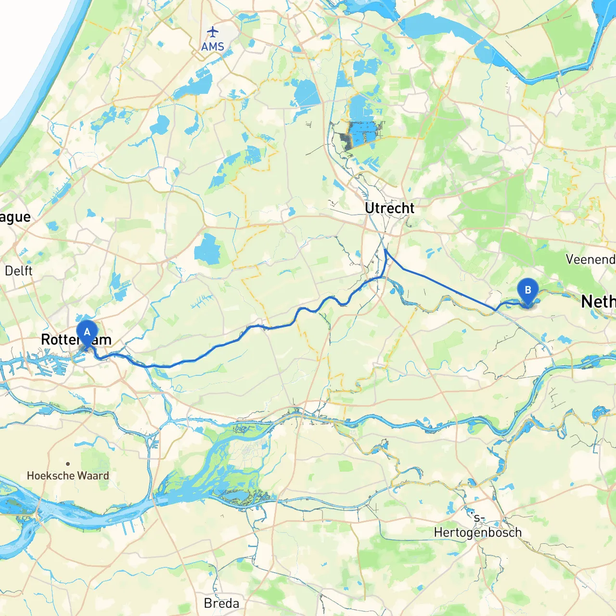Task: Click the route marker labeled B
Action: pos(528,291)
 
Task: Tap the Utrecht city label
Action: pos(389,208)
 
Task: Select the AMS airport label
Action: pos(213,47)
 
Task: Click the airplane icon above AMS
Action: pos(212,32)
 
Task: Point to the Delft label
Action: pos(18,271)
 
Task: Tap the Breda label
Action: pos(221,603)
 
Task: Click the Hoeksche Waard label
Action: pos(68,476)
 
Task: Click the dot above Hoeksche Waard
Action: pos(68,464)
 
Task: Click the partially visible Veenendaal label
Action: pos(590,260)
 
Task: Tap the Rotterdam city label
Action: pos(76,340)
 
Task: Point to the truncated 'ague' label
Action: pos(15,218)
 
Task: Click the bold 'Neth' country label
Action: pos(598,302)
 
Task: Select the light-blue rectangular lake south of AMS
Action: pos(305,92)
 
